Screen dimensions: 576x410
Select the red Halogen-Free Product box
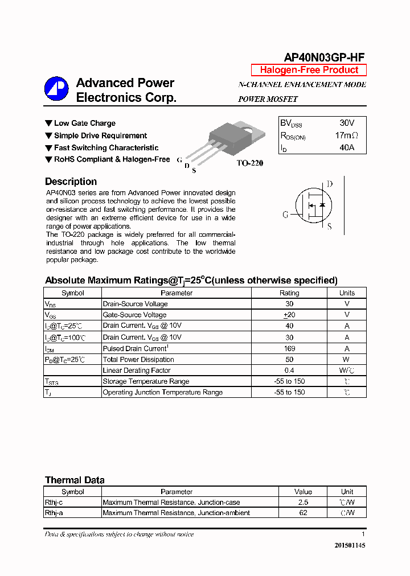pos(309,70)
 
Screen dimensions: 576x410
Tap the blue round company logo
pos(56,88)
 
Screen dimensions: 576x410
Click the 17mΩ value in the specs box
pos(346,135)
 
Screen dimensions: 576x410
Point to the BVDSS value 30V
pos(346,123)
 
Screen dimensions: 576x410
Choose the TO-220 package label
pos(250,163)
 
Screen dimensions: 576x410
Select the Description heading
pos(71,182)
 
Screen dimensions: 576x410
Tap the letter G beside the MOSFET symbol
pos(286,215)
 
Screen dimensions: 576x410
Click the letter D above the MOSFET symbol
pos(329,184)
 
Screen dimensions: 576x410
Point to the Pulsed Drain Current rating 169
pos(289,348)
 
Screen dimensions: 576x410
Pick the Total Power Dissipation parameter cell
pos(138,360)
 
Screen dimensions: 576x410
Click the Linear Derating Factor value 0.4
pos(289,371)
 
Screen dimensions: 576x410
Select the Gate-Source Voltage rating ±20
pos(289,315)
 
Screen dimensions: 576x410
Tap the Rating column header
pos(289,293)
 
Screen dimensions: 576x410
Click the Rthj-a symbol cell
pos(53,513)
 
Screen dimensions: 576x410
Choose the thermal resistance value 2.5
pos(303,503)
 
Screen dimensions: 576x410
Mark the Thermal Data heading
pos(75,480)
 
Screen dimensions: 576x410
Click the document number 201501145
pos(350,545)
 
